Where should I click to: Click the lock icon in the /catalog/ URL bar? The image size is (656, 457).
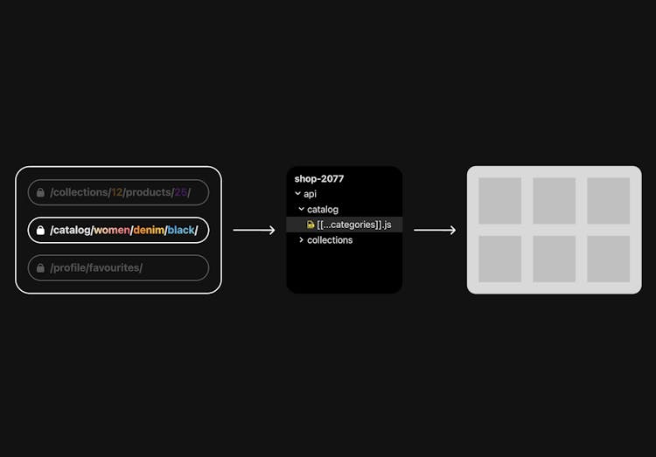(40, 231)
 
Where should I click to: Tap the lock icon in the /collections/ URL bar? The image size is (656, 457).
(40, 192)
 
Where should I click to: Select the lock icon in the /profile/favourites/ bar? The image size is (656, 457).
(40, 268)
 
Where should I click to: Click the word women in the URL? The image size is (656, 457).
(111, 231)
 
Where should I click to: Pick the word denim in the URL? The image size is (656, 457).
(148, 231)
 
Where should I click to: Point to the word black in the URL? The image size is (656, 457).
(181, 231)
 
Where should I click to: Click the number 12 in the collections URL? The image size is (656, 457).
(116, 192)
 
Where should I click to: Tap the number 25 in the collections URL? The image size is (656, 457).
(180, 192)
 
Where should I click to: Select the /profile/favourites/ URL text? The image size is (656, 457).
(96, 268)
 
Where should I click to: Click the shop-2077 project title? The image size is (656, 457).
(319, 179)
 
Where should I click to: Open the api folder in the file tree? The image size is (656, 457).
(310, 194)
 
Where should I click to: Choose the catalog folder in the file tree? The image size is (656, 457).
(322, 210)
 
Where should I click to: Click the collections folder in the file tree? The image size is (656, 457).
(330, 240)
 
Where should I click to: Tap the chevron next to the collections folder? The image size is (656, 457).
(302, 240)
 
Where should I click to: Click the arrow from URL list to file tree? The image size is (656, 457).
(255, 231)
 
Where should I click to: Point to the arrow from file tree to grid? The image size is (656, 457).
(435, 231)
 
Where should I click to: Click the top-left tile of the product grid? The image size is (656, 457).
(499, 201)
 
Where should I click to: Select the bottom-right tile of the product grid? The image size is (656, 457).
(608, 259)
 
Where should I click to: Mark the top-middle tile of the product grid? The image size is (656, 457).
(554, 201)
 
